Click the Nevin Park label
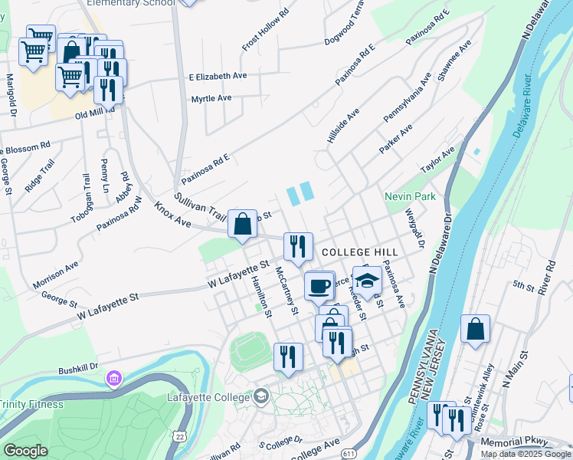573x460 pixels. (411, 197)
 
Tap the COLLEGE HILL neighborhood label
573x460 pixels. (358, 252)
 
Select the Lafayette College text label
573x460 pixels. (208, 397)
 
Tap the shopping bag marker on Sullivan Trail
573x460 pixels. (242, 225)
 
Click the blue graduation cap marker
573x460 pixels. (367, 281)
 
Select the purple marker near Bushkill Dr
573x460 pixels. (114, 378)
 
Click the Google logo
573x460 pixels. (25, 451)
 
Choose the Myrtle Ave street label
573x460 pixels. (211, 98)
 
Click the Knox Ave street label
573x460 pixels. (172, 214)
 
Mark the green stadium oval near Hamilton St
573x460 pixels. (250, 350)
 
